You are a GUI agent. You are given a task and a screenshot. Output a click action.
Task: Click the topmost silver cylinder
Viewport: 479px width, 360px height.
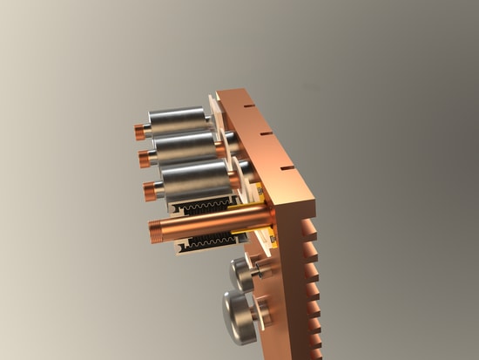pyautogui.click(x=179, y=121)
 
